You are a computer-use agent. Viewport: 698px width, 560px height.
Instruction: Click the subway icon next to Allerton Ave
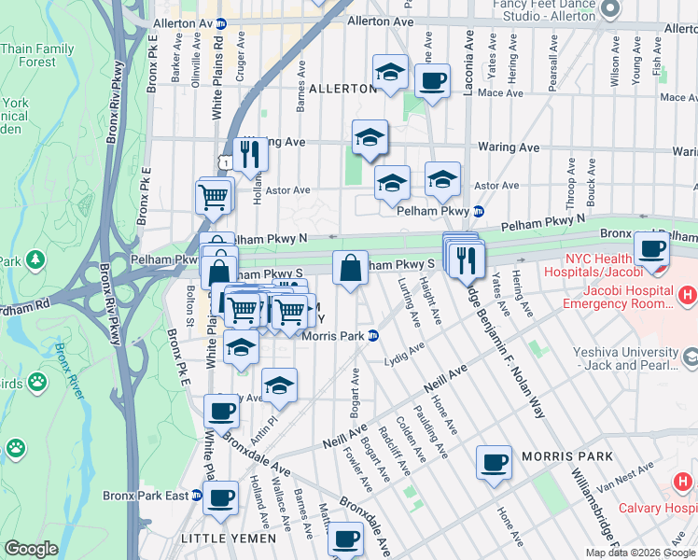(x=220, y=21)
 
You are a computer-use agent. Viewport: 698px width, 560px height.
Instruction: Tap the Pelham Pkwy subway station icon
(x=479, y=211)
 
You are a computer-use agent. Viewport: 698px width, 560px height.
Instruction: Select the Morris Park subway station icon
(x=373, y=336)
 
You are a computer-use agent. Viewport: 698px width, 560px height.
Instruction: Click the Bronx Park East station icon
(x=197, y=496)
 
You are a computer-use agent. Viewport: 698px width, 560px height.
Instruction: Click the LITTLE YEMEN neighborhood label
(x=229, y=539)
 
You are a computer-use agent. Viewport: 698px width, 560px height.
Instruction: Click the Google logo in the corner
(x=31, y=549)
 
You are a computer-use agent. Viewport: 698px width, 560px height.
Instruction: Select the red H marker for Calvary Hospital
(x=684, y=483)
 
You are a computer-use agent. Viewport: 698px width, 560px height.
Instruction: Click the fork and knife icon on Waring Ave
(x=249, y=152)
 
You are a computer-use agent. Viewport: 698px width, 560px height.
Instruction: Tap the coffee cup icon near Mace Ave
(x=431, y=80)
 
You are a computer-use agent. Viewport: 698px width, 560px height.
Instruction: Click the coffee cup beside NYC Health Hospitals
(x=650, y=248)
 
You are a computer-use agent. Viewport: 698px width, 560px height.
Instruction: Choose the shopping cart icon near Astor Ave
(x=214, y=196)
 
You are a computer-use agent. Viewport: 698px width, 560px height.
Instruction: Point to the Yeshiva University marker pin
(x=691, y=357)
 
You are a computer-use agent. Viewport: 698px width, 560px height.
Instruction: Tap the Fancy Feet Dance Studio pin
(x=610, y=7)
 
